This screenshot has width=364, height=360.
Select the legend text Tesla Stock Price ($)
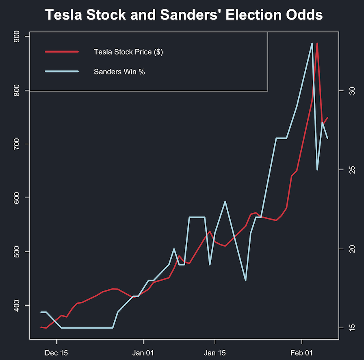pos(128,52)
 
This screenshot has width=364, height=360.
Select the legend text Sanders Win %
pos(119,72)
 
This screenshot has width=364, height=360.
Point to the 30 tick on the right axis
pos(347,90)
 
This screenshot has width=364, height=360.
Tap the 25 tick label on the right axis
pos(347,169)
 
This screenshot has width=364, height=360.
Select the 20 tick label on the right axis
pos(347,249)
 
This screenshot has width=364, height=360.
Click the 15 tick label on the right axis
pos(347,328)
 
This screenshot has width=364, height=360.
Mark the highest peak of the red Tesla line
pos(317,44)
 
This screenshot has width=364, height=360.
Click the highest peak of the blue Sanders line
pos(312,44)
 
